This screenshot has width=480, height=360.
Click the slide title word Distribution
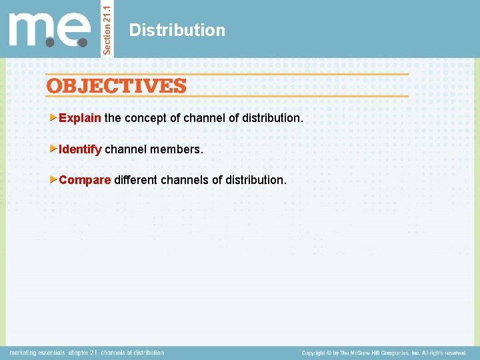177,30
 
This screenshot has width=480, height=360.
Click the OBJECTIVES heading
117,86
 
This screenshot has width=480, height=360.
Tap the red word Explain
80,118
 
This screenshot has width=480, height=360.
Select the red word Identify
80,149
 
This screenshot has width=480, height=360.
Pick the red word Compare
85,180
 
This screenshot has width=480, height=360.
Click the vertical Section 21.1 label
108,28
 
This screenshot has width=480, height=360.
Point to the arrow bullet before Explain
54,118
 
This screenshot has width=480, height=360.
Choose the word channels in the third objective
189,180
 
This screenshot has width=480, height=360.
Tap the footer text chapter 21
83,353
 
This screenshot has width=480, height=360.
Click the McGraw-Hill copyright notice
383,353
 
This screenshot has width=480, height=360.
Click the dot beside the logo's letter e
83,42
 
